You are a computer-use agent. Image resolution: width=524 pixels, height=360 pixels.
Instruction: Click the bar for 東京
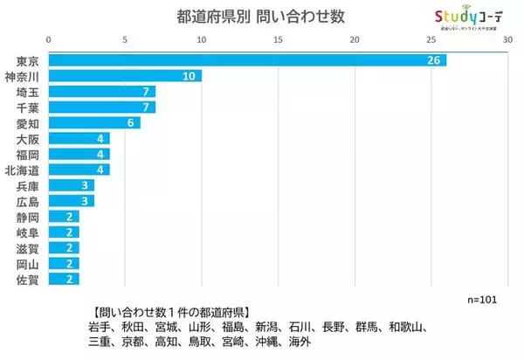pyautogui.click(x=247, y=60)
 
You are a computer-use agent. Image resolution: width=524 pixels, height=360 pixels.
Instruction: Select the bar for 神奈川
pyautogui.click(x=125, y=76)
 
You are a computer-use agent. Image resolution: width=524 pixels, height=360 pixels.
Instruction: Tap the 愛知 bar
pyautogui.click(x=94, y=123)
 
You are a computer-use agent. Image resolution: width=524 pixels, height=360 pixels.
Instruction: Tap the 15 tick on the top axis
pyautogui.click(x=278, y=39)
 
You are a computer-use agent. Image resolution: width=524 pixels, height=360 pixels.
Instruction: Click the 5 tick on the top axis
pyautogui.click(x=125, y=39)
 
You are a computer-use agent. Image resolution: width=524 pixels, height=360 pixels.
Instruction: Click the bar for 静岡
pyautogui.click(x=64, y=217)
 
